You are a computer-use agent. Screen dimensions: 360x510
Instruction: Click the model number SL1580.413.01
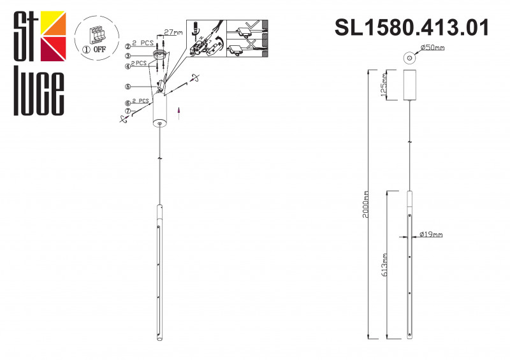412,27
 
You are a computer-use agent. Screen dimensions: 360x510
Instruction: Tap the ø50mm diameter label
433,48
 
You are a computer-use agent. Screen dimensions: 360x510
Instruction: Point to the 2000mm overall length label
365,205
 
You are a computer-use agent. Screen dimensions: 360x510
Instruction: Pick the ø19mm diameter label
432,235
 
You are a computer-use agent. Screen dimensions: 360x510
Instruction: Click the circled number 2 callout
128,46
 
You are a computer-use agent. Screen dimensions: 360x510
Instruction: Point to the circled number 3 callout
128,55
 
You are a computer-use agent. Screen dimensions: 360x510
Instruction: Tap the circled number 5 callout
128,87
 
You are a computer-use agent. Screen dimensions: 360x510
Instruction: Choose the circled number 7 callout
128,111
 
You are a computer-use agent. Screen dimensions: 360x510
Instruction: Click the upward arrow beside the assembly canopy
179,113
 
